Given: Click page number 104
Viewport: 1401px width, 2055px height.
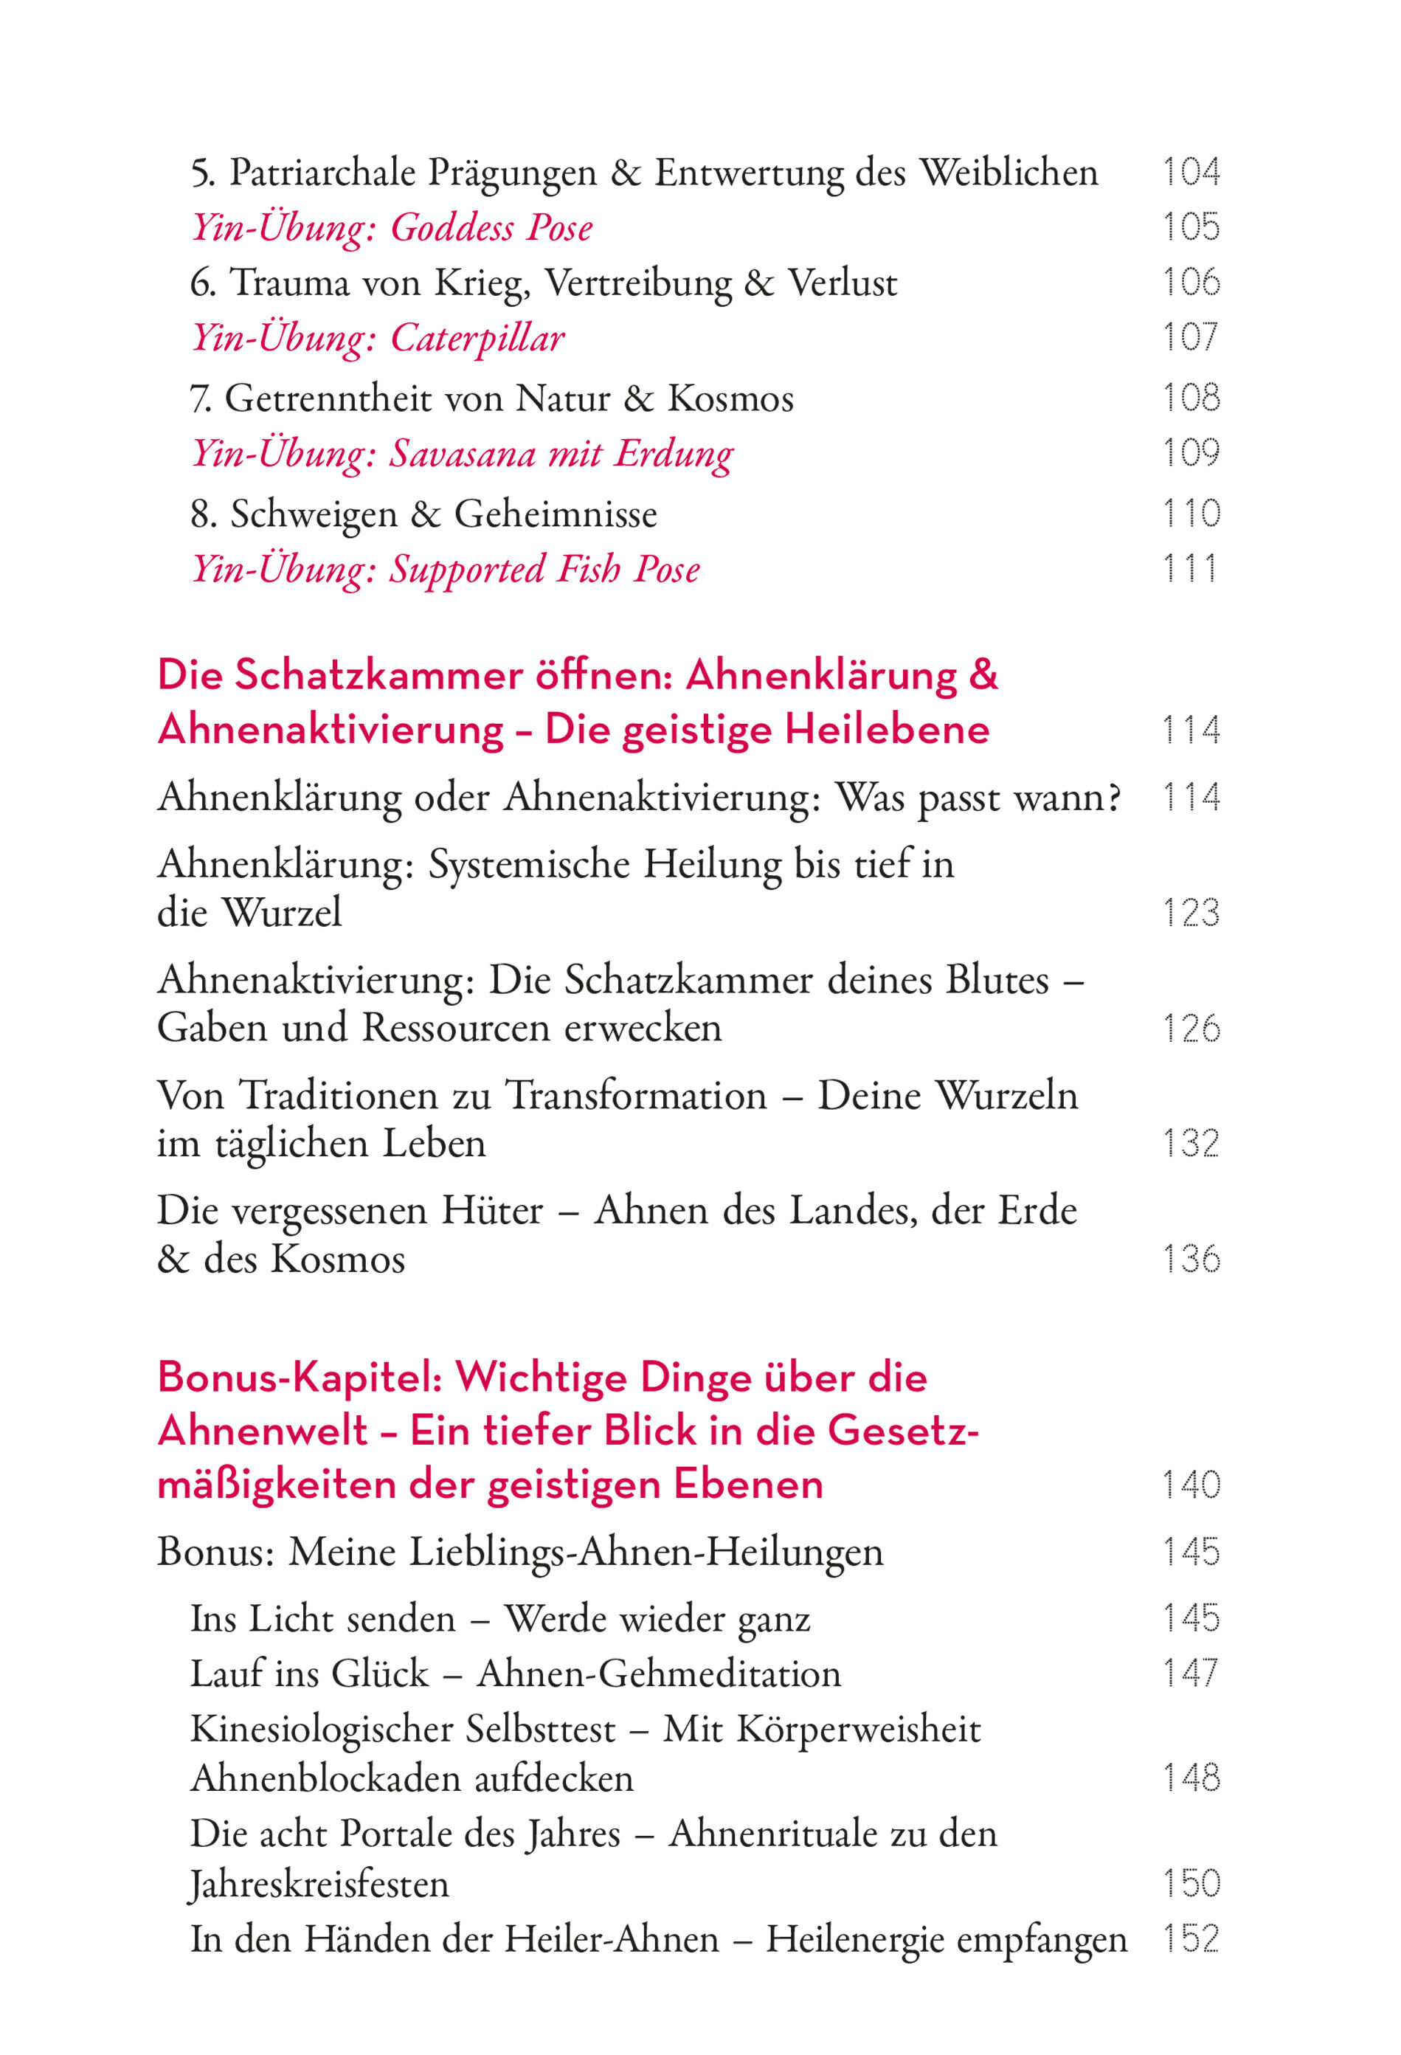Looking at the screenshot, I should [1191, 171].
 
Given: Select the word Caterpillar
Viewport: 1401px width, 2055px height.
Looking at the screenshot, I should [477, 338].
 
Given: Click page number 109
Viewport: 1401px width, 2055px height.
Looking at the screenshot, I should [1191, 453].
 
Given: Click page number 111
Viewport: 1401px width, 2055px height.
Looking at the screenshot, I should [1191, 569].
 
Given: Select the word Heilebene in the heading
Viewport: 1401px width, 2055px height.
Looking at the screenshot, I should [887, 731].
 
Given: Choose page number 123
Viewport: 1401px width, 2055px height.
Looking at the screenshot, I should [1191, 913].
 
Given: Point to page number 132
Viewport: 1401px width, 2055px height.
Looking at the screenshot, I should [1191, 1143].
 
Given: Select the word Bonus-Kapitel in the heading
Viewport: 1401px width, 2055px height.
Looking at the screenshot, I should [299, 1377].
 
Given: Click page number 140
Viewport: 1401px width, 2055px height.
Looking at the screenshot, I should [1191, 1485].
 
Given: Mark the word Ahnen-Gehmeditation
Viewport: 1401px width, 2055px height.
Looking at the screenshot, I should [659, 1674].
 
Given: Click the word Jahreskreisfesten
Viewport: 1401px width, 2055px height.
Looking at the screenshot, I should [319, 1885].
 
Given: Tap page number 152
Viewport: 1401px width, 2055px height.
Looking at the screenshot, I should [1191, 1939].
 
